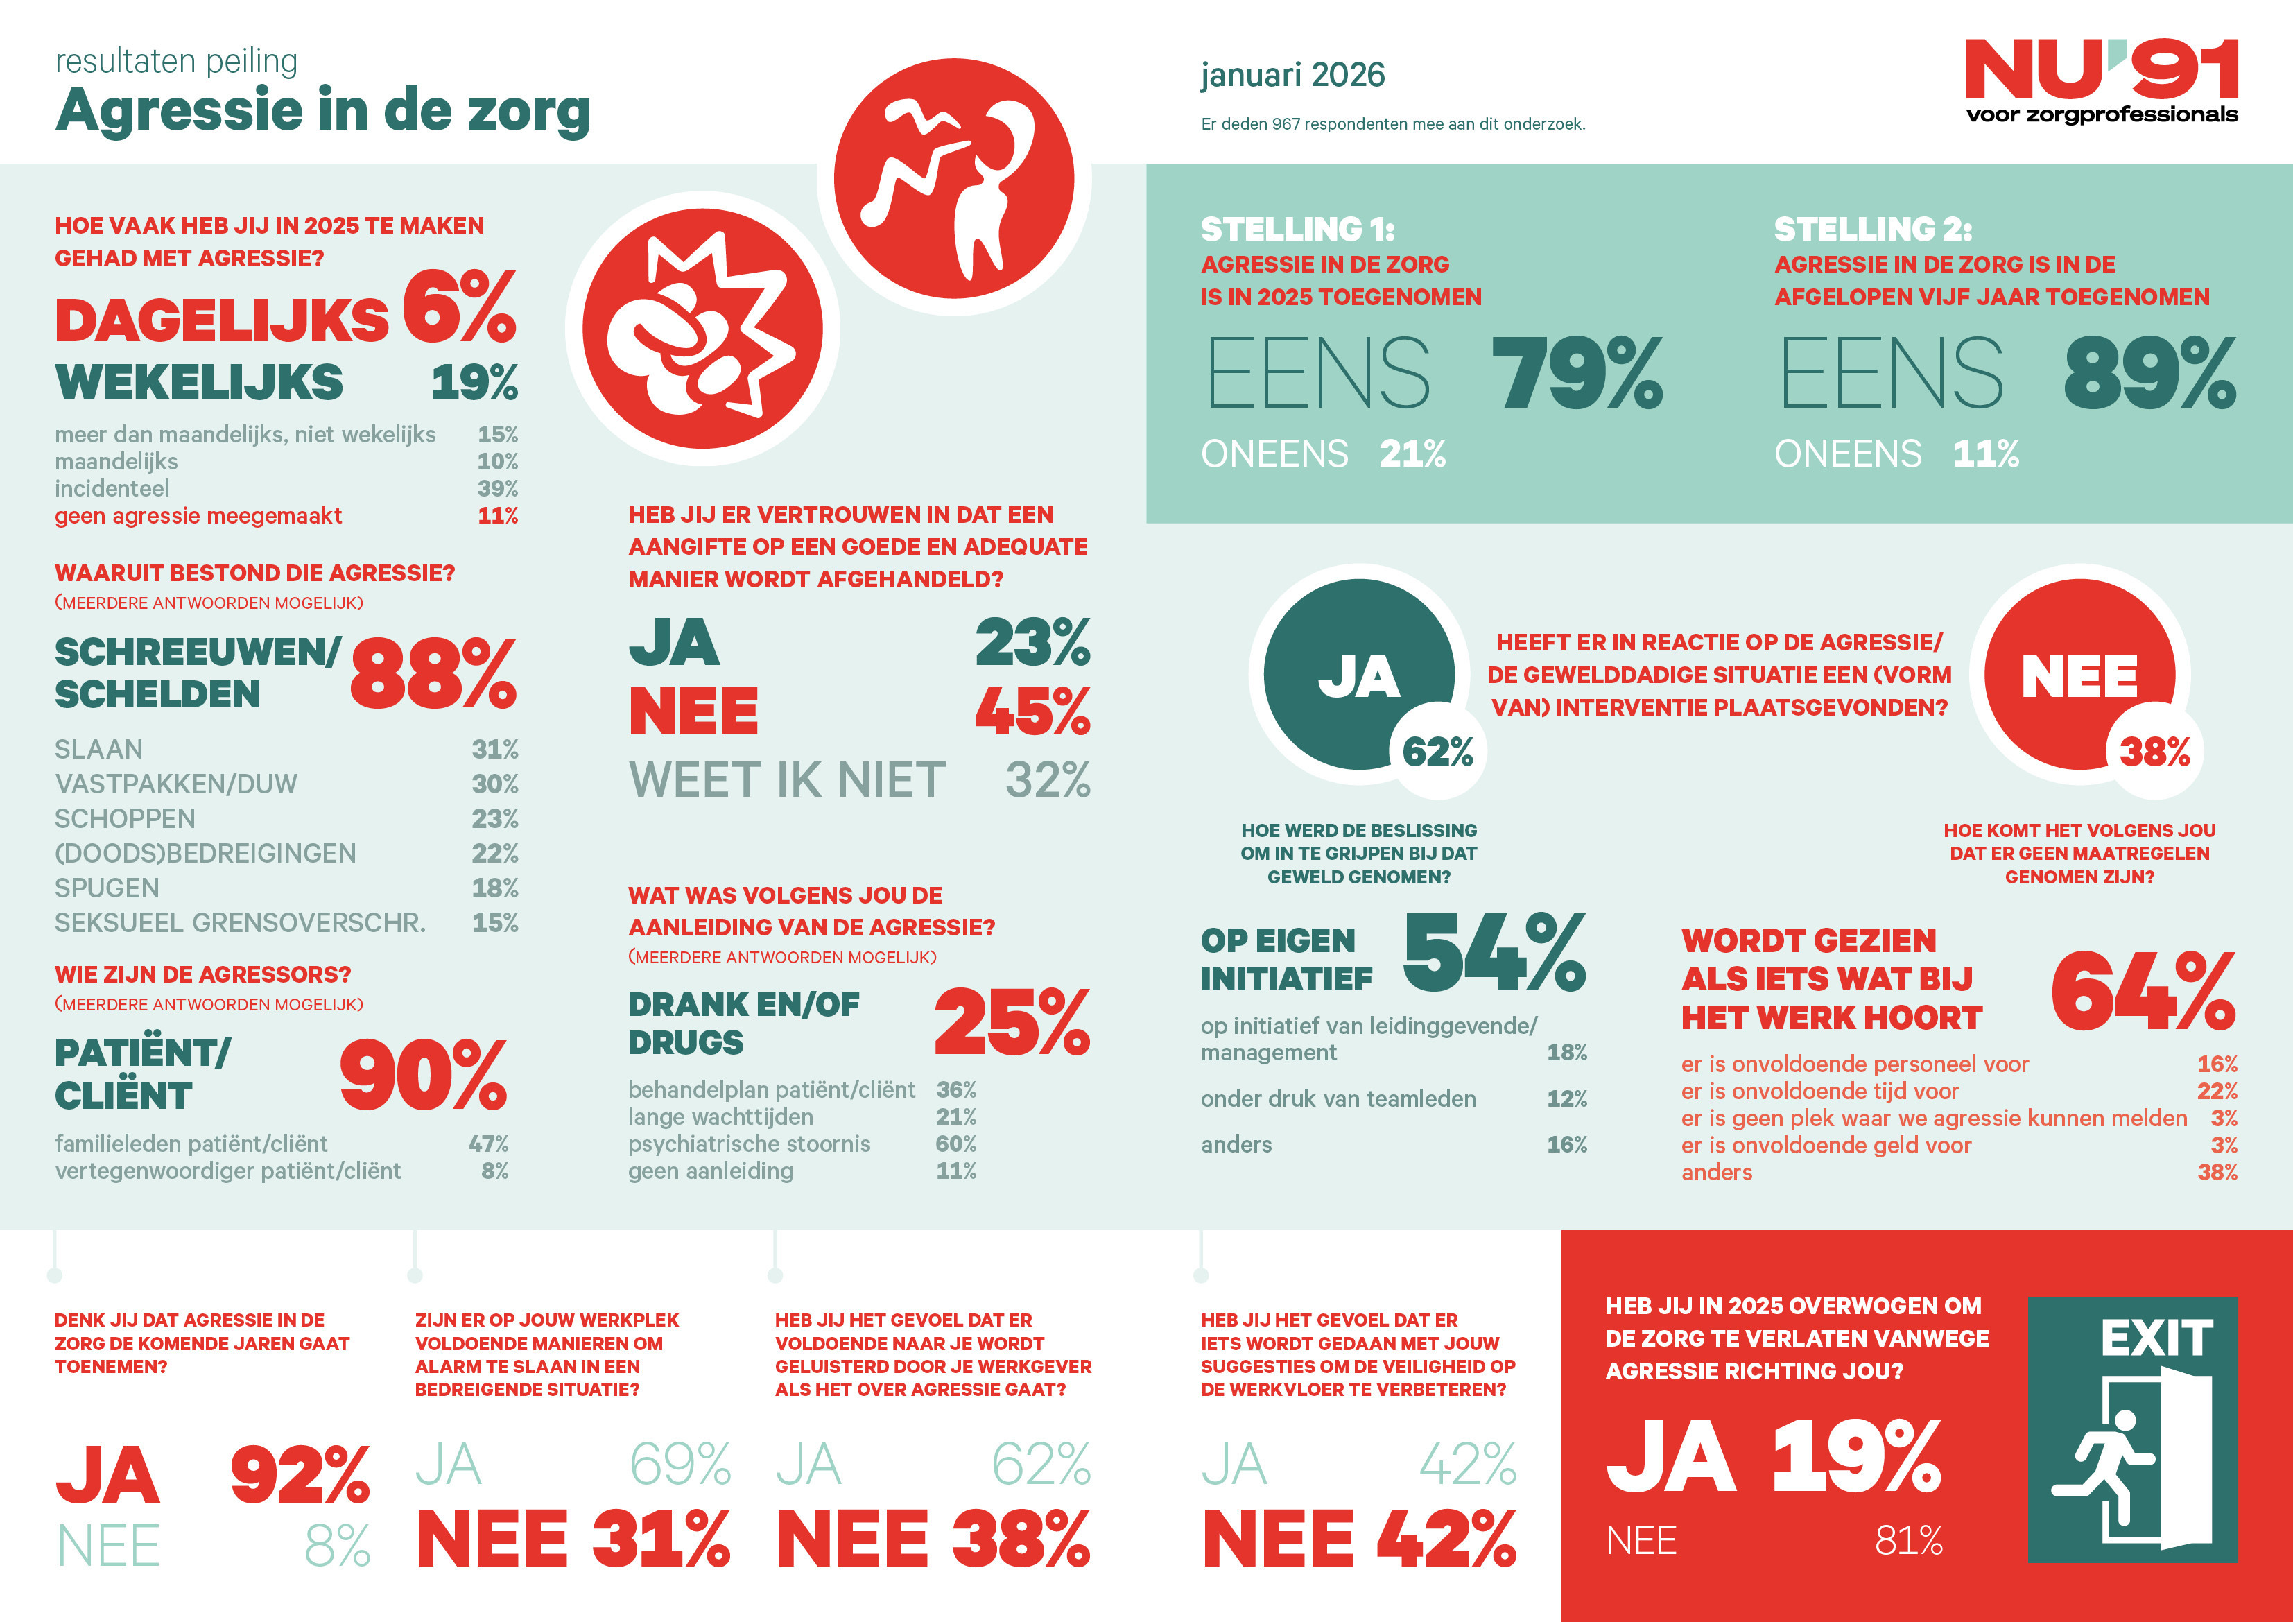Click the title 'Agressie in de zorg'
(322, 110)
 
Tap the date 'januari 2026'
(1292, 75)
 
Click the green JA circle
(1358, 674)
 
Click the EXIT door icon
(2132, 1429)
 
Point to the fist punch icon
(702, 329)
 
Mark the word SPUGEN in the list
(107, 888)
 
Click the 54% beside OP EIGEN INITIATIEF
(1494, 953)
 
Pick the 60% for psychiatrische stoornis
(955, 1144)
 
